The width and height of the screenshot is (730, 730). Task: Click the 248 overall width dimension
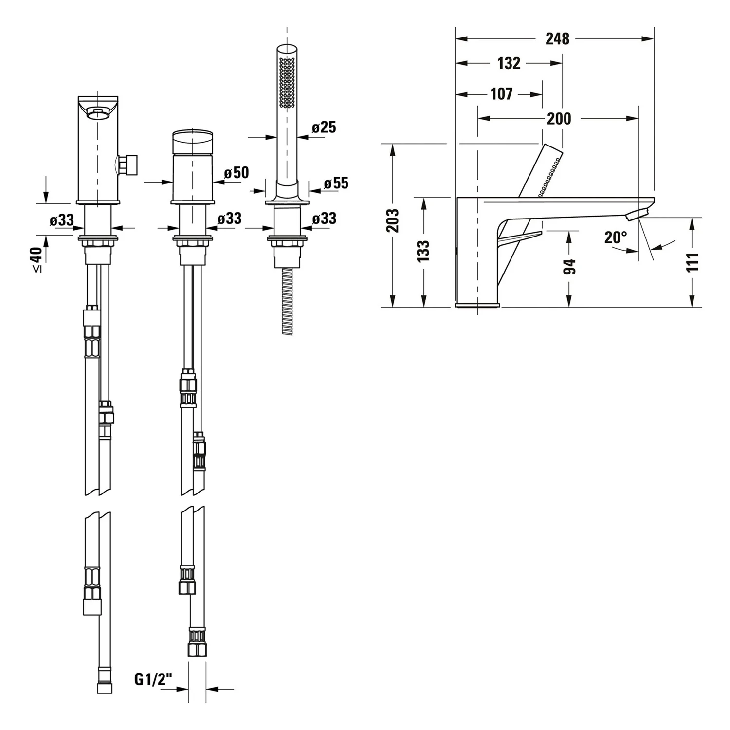coord(557,38)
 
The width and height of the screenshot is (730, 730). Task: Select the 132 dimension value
coord(509,63)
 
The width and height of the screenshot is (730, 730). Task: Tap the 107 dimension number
coord(501,93)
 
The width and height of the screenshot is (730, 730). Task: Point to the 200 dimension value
coord(559,118)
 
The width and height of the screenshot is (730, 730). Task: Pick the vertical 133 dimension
coord(423,251)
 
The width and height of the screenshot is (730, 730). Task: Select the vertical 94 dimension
coord(569,266)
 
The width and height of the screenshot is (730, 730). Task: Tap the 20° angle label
coord(616,237)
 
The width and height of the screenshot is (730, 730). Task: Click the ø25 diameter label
coord(324,128)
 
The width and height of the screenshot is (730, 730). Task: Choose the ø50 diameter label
coord(236,173)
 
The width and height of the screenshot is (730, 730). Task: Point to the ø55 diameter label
coord(336,183)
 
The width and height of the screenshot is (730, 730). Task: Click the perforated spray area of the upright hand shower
coord(287,82)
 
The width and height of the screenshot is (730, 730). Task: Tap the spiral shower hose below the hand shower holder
coord(288,301)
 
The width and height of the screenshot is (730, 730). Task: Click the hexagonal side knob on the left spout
coord(128,164)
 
